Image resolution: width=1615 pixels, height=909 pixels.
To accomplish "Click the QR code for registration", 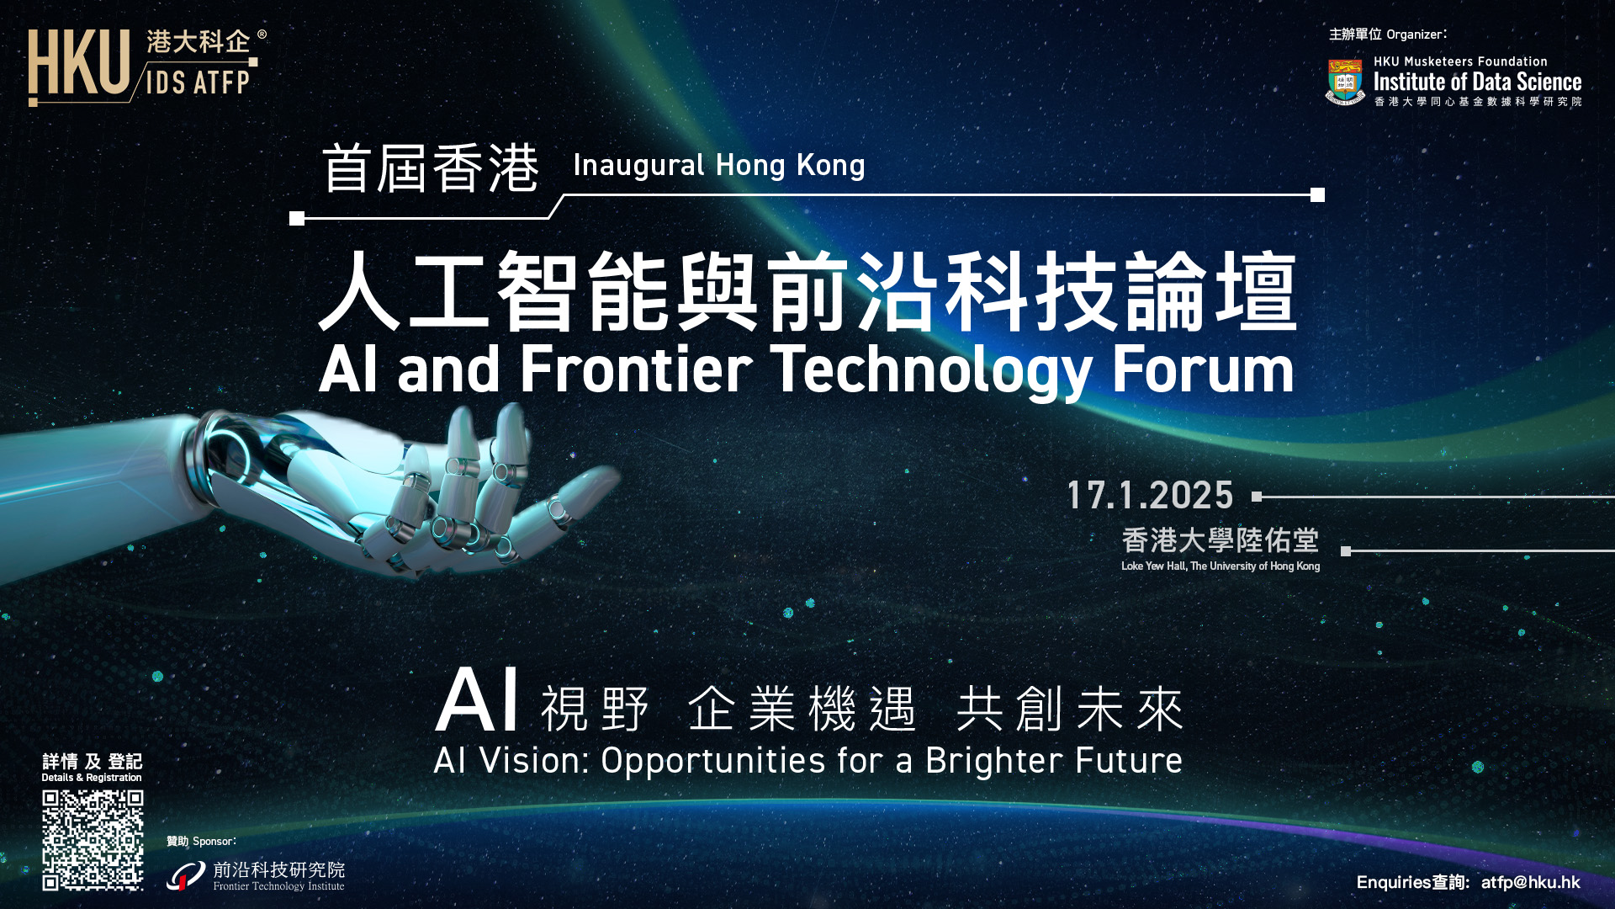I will click(93, 839).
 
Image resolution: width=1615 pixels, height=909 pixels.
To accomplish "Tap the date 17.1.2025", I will click(1150, 496).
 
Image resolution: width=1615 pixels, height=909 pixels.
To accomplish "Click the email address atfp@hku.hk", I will click(1530, 882).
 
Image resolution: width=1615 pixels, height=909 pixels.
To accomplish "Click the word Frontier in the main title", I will click(636, 369).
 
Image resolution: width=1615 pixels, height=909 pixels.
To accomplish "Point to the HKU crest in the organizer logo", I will click(1345, 82).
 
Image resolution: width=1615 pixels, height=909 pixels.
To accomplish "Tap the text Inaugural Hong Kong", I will click(718, 165).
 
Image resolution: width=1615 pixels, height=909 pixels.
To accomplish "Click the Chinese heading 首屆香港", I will click(431, 168).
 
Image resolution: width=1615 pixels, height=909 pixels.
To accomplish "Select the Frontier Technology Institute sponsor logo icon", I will click(186, 876).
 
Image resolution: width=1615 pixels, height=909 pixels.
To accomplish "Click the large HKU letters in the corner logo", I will click(79, 63).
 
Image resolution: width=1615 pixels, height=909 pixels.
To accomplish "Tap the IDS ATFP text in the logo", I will click(198, 82).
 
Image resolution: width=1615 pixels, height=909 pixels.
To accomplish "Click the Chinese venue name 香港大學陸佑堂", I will click(1220, 540).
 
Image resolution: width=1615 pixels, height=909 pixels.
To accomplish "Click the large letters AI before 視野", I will click(476, 700).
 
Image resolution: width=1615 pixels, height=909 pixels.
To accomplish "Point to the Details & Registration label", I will click(92, 778).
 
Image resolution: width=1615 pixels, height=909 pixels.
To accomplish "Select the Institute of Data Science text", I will click(1477, 82).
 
